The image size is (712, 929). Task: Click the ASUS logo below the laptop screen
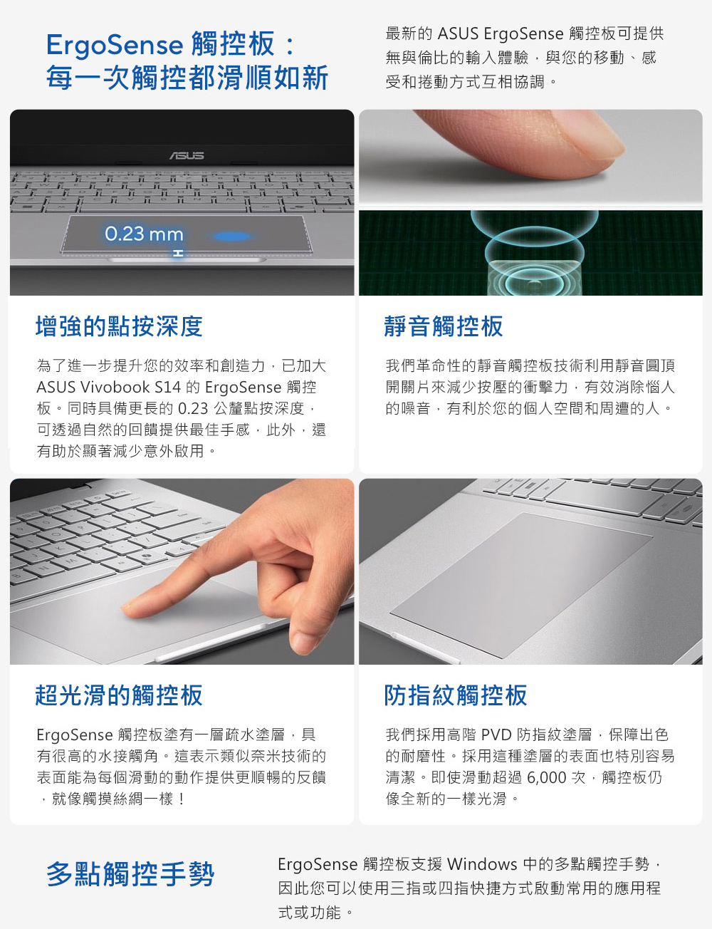click(x=187, y=155)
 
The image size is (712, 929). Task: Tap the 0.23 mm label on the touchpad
click(x=144, y=234)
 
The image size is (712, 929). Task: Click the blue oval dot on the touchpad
click(x=232, y=236)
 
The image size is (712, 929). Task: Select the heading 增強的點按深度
click(x=119, y=326)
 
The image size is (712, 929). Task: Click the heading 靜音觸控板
click(x=444, y=326)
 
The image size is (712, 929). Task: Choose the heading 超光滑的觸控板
click(x=119, y=695)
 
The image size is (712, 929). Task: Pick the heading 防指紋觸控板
click(x=455, y=695)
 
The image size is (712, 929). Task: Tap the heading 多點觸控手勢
click(x=130, y=873)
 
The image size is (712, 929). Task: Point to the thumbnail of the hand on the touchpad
click(x=304, y=640)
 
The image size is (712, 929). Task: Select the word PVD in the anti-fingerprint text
click(x=496, y=735)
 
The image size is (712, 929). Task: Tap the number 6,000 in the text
click(x=547, y=777)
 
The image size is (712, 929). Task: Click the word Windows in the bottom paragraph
click(x=482, y=864)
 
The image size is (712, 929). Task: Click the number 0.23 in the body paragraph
click(x=193, y=408)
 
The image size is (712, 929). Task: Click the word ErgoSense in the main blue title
click(x=115, y=45)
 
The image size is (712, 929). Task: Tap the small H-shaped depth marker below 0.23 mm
click(x=179, y=253)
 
